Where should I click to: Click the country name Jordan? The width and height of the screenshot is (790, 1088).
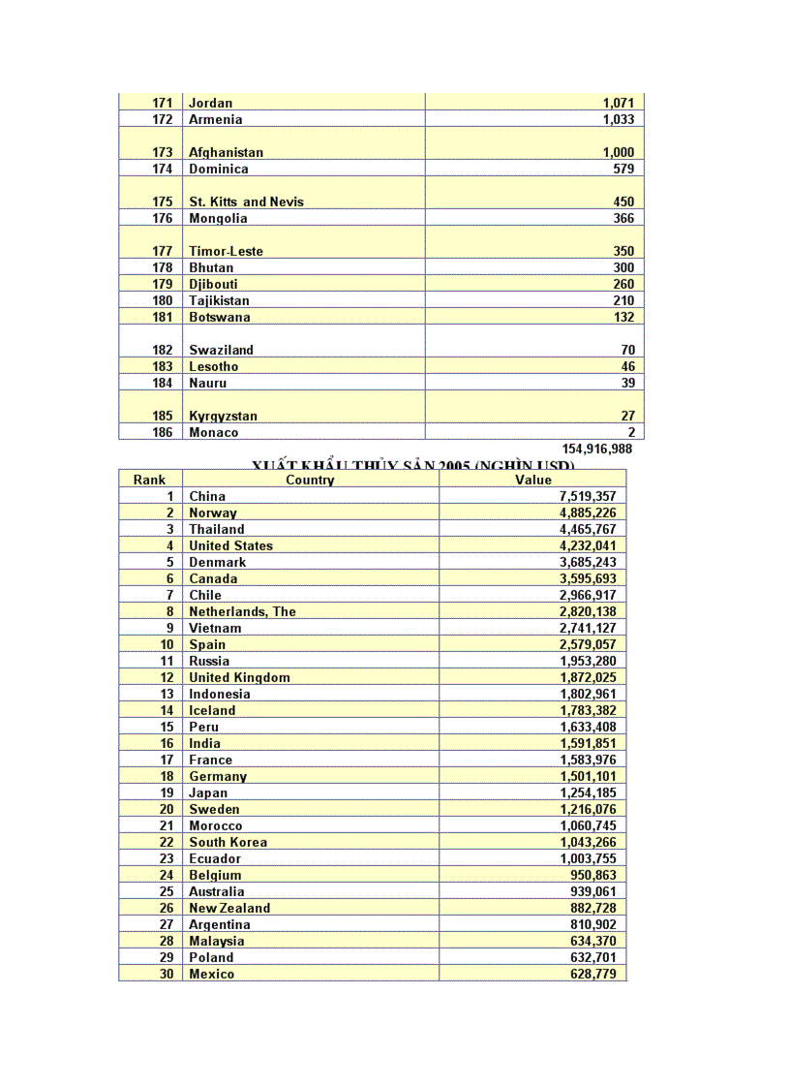pyautogui.click(x=210, y=103)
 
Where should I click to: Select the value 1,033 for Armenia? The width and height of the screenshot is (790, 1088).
pyautogui.click(x=618, y=119)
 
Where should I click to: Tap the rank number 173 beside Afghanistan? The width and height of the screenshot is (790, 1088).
pyautogui.click(x=163, y=152)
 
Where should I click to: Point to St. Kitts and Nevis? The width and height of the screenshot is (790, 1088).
pyautogui.click(x=246, y=202)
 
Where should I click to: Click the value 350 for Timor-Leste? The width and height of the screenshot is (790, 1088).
pyautogui.click(x=623, y=251)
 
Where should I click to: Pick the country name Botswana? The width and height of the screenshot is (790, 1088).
pyautogui.click(x=219, y=317)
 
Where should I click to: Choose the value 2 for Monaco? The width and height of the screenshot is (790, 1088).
pyautogui.click(x=631, y=432)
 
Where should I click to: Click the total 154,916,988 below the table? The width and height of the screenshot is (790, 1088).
pyautogui.click(x=597, y=449)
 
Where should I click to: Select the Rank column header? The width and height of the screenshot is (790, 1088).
pyautogui.click(x=150, y=480)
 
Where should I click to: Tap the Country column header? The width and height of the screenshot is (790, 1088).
pyautogui.click(x=310, y=480)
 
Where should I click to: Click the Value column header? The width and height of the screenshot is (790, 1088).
pyautogui.click(x=533, y=480)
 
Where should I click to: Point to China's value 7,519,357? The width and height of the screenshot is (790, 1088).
pyautogui.click(x=588, y=496)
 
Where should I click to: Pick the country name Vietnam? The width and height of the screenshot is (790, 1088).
pyautogui.click(x=215, y=628)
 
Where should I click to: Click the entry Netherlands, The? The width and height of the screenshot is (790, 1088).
pyautogui.click(x=242, y=611)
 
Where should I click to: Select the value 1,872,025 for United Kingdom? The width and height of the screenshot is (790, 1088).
pyautogui.click(x=588, y=677)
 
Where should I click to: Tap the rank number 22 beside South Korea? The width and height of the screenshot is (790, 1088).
pyautogui.click(x=167, y=842)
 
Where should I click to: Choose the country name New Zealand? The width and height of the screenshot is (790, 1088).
pyautogui.click(x=229, y=908)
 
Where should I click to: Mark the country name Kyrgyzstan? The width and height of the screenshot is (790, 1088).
pyautogui.click(x=223, y=416)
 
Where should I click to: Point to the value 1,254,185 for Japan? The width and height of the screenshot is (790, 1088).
pyautogui.click(x=588, y=793)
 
